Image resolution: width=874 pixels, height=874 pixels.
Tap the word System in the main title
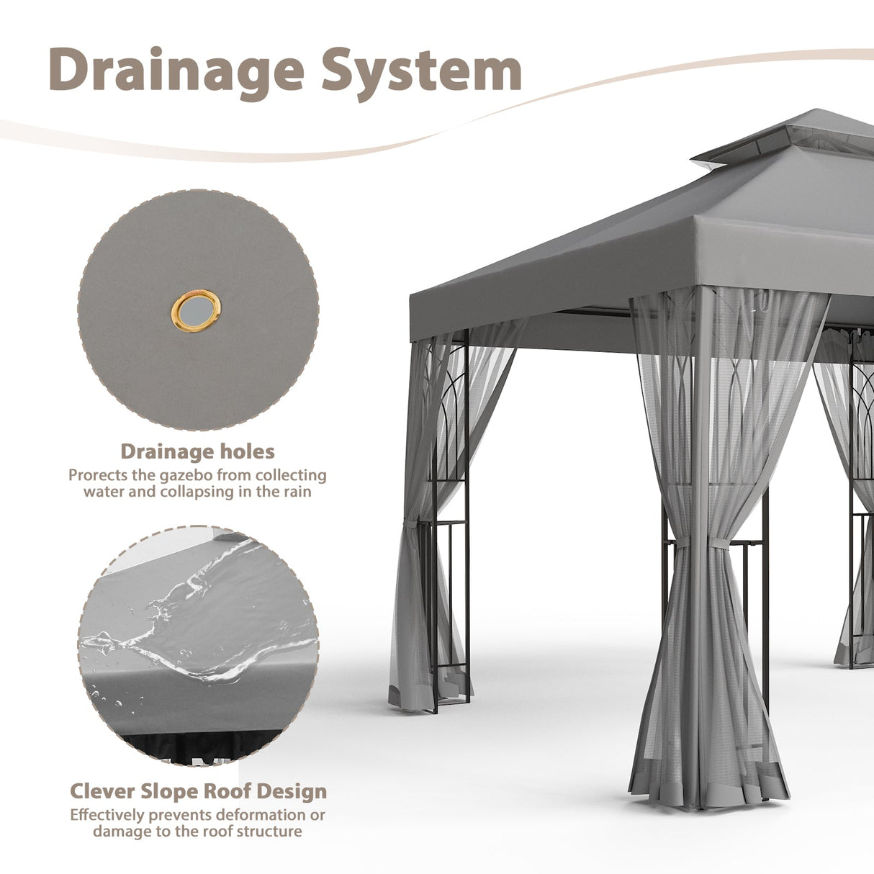(x=421, y=70)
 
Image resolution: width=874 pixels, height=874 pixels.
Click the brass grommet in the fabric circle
(x=196, y=310)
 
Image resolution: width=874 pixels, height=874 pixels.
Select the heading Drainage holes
(x=197, y=451)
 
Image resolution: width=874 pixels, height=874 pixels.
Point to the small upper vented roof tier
(x=785, y=140)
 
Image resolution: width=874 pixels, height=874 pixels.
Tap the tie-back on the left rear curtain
(x=410, y=523)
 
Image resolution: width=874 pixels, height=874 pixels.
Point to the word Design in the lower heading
(x=295, y=791)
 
